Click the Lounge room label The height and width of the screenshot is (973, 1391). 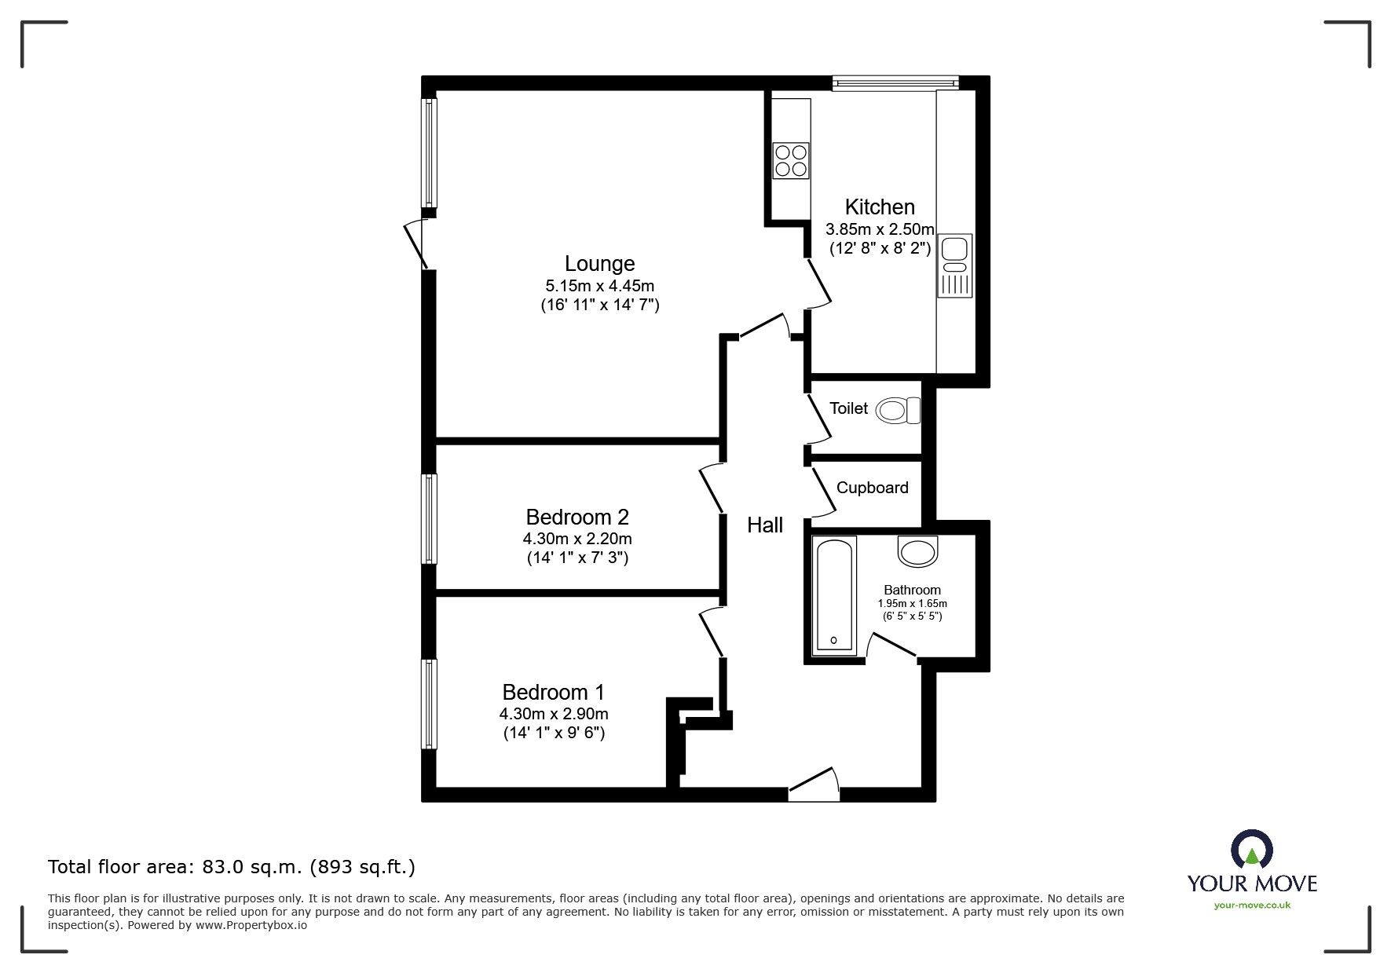[599, 264]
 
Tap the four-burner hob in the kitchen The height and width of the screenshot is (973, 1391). [790, 160]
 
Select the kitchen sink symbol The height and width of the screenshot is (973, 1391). [954, 265]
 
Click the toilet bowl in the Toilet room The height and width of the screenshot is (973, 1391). [897, 410]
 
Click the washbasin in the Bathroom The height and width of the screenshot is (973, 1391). [918, 551]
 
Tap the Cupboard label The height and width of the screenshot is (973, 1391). [872, 488]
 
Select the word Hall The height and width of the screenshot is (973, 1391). [764, 525]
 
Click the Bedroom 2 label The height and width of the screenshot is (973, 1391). [577, 518]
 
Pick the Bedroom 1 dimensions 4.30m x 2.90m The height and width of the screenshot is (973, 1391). [554, 714]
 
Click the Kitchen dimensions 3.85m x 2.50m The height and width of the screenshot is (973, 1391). [880, 230]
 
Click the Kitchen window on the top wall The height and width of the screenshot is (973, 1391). [895, 82]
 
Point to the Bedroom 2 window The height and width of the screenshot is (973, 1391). [429, 518]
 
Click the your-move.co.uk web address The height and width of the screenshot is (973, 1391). [1252, 905]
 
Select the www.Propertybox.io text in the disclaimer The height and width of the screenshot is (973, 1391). [251, 925]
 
